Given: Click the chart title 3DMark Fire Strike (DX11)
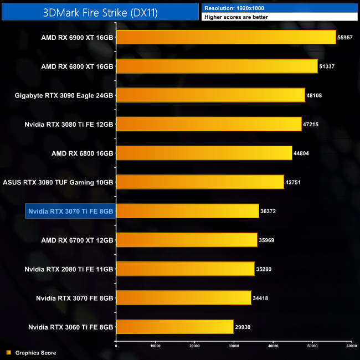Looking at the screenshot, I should click(x=100, y=12).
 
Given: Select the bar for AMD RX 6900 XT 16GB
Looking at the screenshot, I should click(x=226, y=37).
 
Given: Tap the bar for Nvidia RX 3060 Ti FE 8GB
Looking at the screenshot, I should click(x=174, y=327).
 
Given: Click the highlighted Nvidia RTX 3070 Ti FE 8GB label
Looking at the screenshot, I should click(x=70, y=211).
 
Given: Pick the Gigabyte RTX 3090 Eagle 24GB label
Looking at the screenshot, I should click(x=64, y=95).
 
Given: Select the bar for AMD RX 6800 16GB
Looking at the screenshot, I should click(x=204, y=153).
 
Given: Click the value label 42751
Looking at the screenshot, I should click(x=293, y=182).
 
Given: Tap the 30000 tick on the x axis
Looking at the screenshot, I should click(x=234, y=346).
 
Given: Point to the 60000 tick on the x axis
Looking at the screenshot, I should click(x=351, y=346).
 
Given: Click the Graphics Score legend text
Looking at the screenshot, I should click(x=35, y=353).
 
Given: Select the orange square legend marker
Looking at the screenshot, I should click(x=8, y=353).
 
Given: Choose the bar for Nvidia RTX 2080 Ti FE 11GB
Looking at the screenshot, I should click(x=185, y=269).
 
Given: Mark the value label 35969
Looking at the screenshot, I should click(x=267, y=240).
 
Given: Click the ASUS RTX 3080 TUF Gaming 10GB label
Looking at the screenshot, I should click(x=58, y=182).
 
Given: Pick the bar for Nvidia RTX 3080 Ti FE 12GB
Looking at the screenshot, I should click(x=209, y=124).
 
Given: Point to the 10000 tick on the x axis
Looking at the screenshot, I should click(x=155, y=346).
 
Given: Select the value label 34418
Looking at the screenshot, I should click(x=261, y=298).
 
